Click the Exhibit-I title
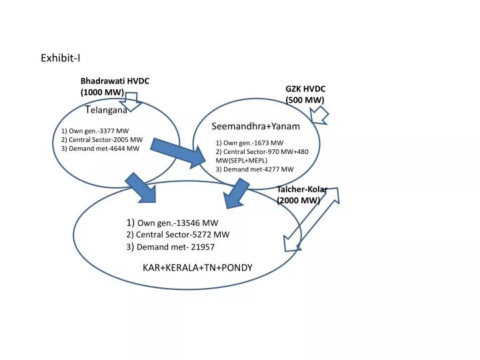coord(61,58)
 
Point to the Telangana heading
coord(106,109)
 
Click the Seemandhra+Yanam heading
coord(255,126)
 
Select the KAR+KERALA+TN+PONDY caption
coord(197,267)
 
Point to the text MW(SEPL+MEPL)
coord(241,161)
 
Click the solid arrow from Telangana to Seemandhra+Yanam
coord(178,153)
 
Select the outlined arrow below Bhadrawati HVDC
coord(131,101)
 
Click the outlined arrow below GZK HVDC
coord(319,115)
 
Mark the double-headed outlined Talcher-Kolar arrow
coord(311,219)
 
